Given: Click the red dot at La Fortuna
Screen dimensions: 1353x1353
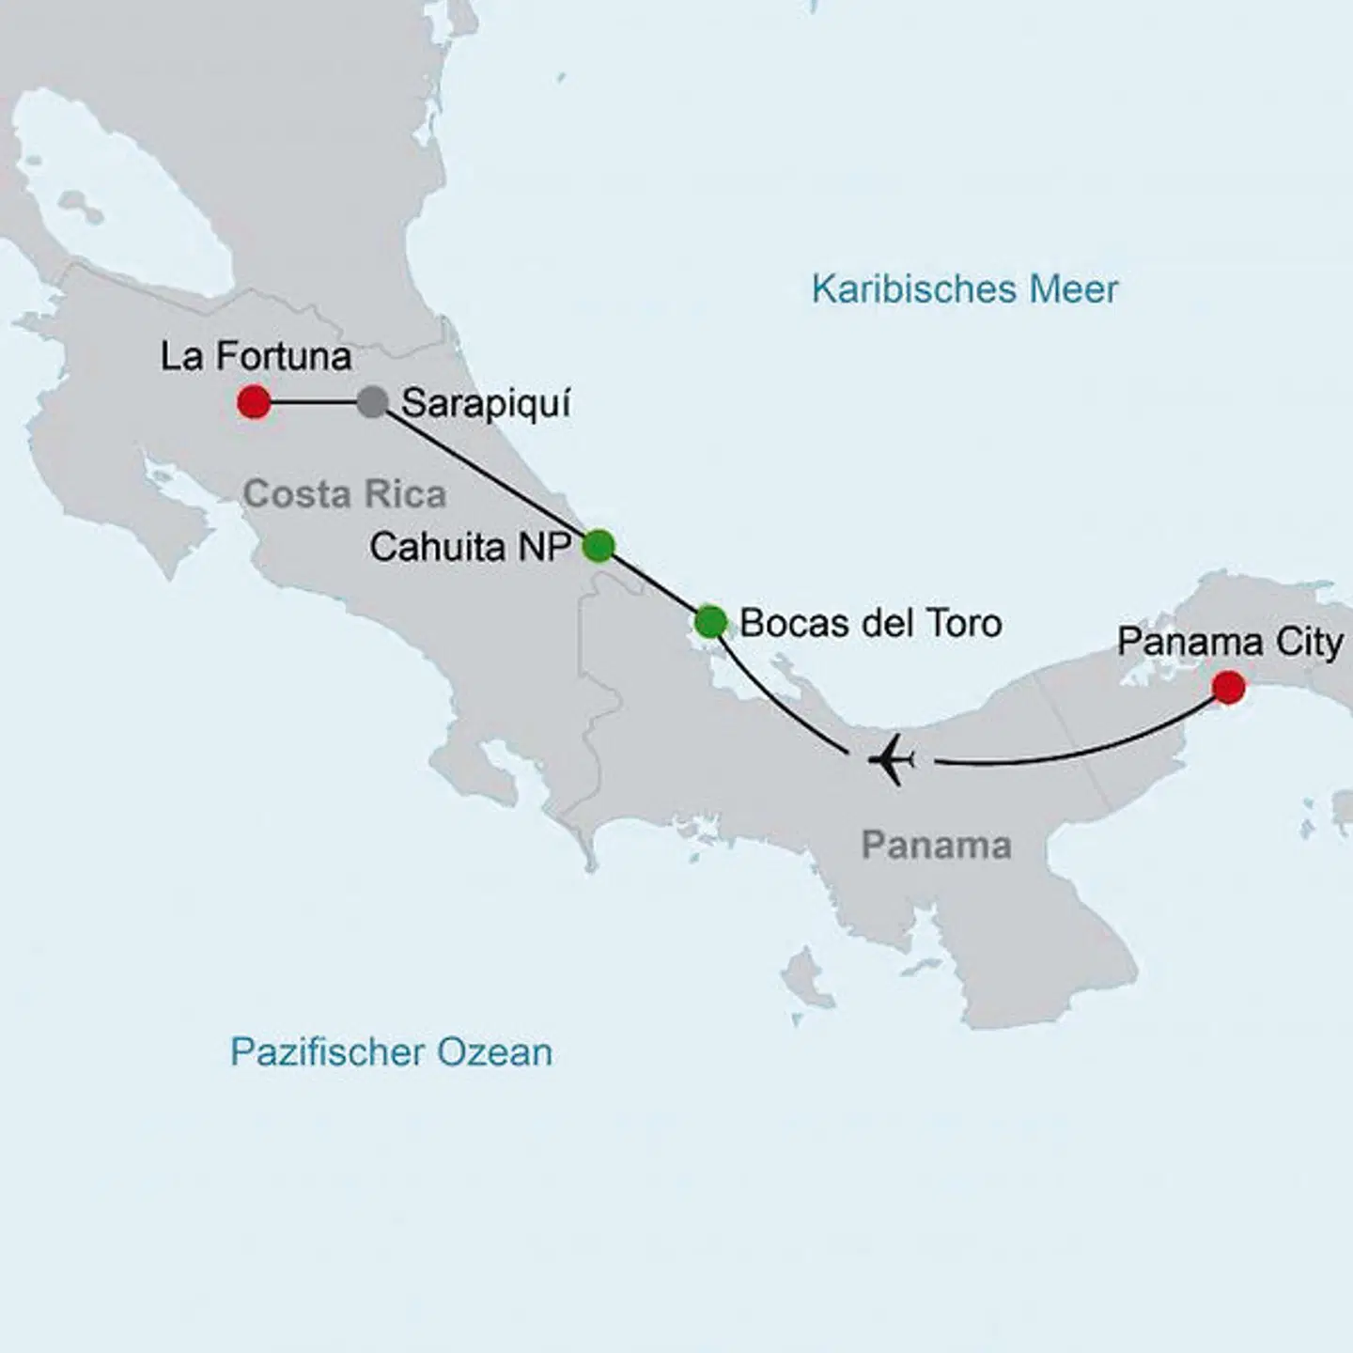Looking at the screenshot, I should (x=254, y=402).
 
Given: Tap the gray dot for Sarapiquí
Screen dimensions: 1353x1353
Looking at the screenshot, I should (x=372, y=402).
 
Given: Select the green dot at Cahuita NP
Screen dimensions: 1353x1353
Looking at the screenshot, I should (x=599, y=545).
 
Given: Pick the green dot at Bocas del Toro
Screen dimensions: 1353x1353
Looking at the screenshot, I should (x=710, y=621).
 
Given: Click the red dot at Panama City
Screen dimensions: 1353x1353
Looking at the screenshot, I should (x=1228, y=687).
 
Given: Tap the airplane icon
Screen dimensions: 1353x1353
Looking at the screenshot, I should (x=892, y=759).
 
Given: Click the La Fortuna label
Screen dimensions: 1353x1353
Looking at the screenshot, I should (x=256, y=356).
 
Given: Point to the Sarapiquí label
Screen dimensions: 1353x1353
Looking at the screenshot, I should (x=486, y=404).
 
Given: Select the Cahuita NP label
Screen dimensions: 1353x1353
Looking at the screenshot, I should (x=470, y=547).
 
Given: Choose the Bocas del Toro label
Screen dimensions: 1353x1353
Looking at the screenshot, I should (x=870, y=623).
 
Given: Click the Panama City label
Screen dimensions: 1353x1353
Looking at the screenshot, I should (x=1229, y=643).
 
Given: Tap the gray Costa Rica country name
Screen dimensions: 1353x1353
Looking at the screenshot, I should (x=344, y=494).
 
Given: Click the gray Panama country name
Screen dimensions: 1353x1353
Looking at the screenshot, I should (x=936, y=845).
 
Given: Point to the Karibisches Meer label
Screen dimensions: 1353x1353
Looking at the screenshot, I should (x=965, y=288).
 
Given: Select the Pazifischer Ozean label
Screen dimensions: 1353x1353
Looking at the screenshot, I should (x=391, y=1051).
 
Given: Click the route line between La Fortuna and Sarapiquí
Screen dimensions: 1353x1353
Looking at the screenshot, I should (x=313, y=402).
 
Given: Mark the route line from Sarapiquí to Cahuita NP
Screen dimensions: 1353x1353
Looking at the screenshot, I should (x=484, y=473).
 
